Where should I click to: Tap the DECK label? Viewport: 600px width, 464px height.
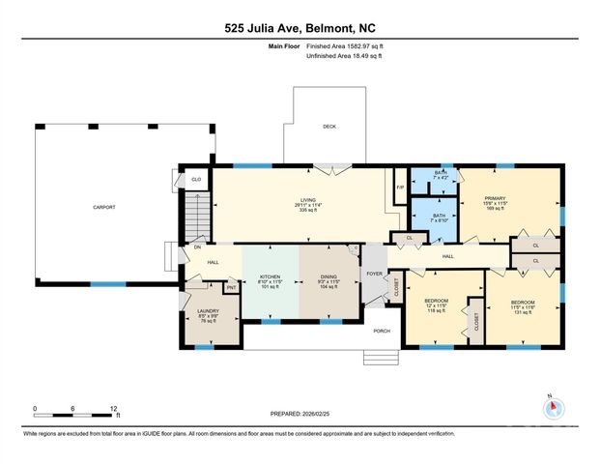[x=329, y=127]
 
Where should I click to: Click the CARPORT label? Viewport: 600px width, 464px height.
[x=103, y=207]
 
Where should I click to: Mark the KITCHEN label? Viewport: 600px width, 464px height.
[x=270, y=278]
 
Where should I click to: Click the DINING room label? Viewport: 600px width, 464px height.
[x=329, y=278]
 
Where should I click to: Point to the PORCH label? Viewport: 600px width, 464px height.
[x=382, y=330]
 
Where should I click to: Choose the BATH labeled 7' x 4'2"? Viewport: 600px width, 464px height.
[x=441, y=175]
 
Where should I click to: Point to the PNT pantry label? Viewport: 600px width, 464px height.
[x=231, y=288]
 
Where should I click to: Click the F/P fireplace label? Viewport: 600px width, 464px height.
[x=400, y=188]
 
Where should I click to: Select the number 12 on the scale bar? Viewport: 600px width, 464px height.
[x=114, y=409]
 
